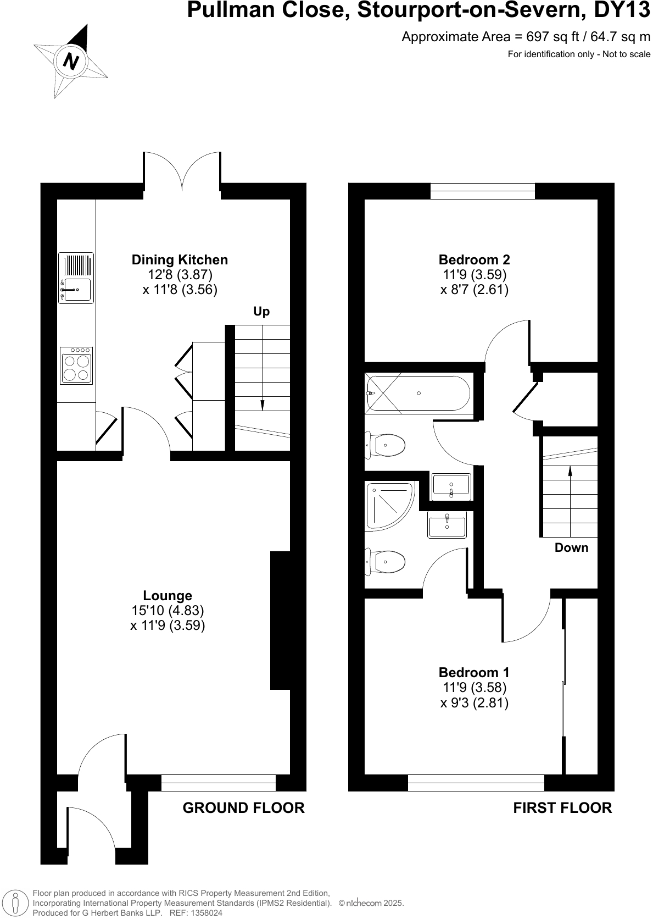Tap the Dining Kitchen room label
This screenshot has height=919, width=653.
point(180,260)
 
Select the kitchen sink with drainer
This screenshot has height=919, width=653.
point(76,278)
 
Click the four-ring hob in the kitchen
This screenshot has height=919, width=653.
point(76,366)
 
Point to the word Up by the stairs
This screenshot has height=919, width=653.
point(261,312)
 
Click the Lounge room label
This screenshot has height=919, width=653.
point(168,596)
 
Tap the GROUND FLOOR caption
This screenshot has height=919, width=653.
point(243,808)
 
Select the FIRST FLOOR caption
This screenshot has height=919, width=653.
point(562,808)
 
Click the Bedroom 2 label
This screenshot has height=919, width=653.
point(474,260)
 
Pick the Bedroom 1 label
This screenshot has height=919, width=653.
point(474,673)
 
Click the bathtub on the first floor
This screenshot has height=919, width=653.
point(418,393)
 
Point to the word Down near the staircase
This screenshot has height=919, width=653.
point(571,548)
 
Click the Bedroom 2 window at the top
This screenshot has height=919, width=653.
point(482,191)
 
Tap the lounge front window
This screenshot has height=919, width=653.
point(218,783)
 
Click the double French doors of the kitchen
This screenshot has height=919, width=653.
point(182,173)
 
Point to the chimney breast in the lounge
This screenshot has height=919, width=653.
point(280,620)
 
